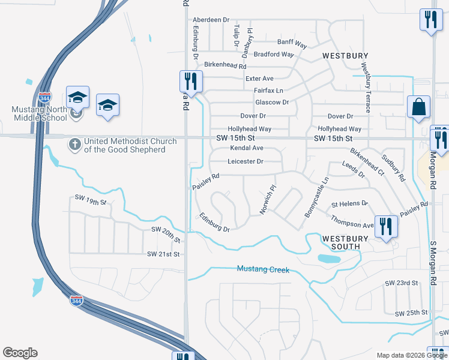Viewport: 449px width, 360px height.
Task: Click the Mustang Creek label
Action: point(263,270)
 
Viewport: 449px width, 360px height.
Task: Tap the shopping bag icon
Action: point(418,108)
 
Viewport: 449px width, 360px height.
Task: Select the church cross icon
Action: point(74,143)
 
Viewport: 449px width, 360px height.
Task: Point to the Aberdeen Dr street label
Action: point(209,20)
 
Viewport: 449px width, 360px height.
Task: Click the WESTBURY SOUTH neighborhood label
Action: point(341,242)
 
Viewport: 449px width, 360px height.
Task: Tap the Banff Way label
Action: point(292,44)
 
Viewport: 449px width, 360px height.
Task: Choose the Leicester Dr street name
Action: point(246,161)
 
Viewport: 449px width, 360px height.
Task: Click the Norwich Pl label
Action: point(267,199)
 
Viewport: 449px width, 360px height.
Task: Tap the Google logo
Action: point(20,353)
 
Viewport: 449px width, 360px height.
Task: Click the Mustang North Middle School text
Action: point(40,113)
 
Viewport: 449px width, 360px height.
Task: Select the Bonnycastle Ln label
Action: point(316,197)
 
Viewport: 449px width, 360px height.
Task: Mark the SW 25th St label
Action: point(411,313)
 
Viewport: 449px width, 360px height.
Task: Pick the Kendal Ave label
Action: point(247,148)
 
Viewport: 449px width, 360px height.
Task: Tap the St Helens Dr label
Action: point(349,203)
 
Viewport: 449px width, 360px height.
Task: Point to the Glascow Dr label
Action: point(273,102)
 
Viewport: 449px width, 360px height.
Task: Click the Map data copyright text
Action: point(412,355)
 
